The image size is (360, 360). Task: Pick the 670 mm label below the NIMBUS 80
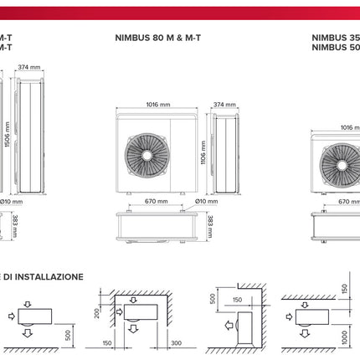coord(157,201)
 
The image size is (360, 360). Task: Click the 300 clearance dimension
coord(174,343)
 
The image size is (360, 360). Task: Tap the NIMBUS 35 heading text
coord(335,38)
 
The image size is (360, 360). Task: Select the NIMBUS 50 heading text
coord(335,48)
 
